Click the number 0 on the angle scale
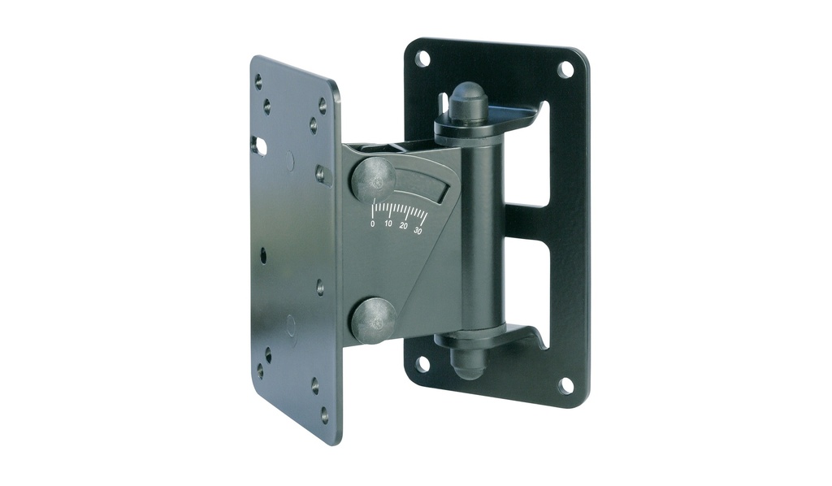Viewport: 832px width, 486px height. (x=372, y=223)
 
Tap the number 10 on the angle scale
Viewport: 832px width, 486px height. (x=388, y=224)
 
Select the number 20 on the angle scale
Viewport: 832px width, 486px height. (x=404, y=227)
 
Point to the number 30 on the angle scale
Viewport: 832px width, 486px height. (x=418, y=231)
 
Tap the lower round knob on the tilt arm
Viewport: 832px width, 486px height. (x=375, y=319)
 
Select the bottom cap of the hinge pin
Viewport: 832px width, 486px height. (x=467, y=362)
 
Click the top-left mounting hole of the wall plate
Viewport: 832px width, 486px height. (x=422, y=57)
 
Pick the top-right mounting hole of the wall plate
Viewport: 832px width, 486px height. (x=566, y=69)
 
